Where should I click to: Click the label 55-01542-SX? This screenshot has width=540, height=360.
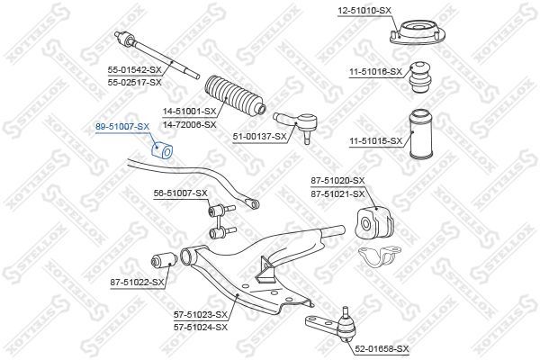pyautogui.click(x=135, y=70)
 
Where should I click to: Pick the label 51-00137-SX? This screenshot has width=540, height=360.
pyautogui.click(x=259, y=137)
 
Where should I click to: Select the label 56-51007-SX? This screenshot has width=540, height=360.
pyautogui.click(x=180, y=193)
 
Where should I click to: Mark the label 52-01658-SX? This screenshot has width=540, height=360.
pyautogui.click(x=382, y=348)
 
